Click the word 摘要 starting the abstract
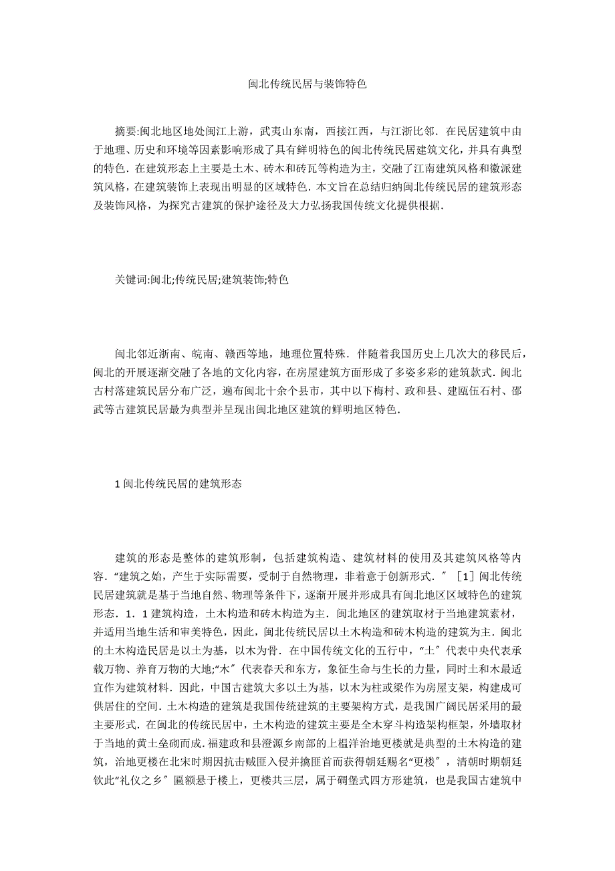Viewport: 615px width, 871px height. point(126,130)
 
